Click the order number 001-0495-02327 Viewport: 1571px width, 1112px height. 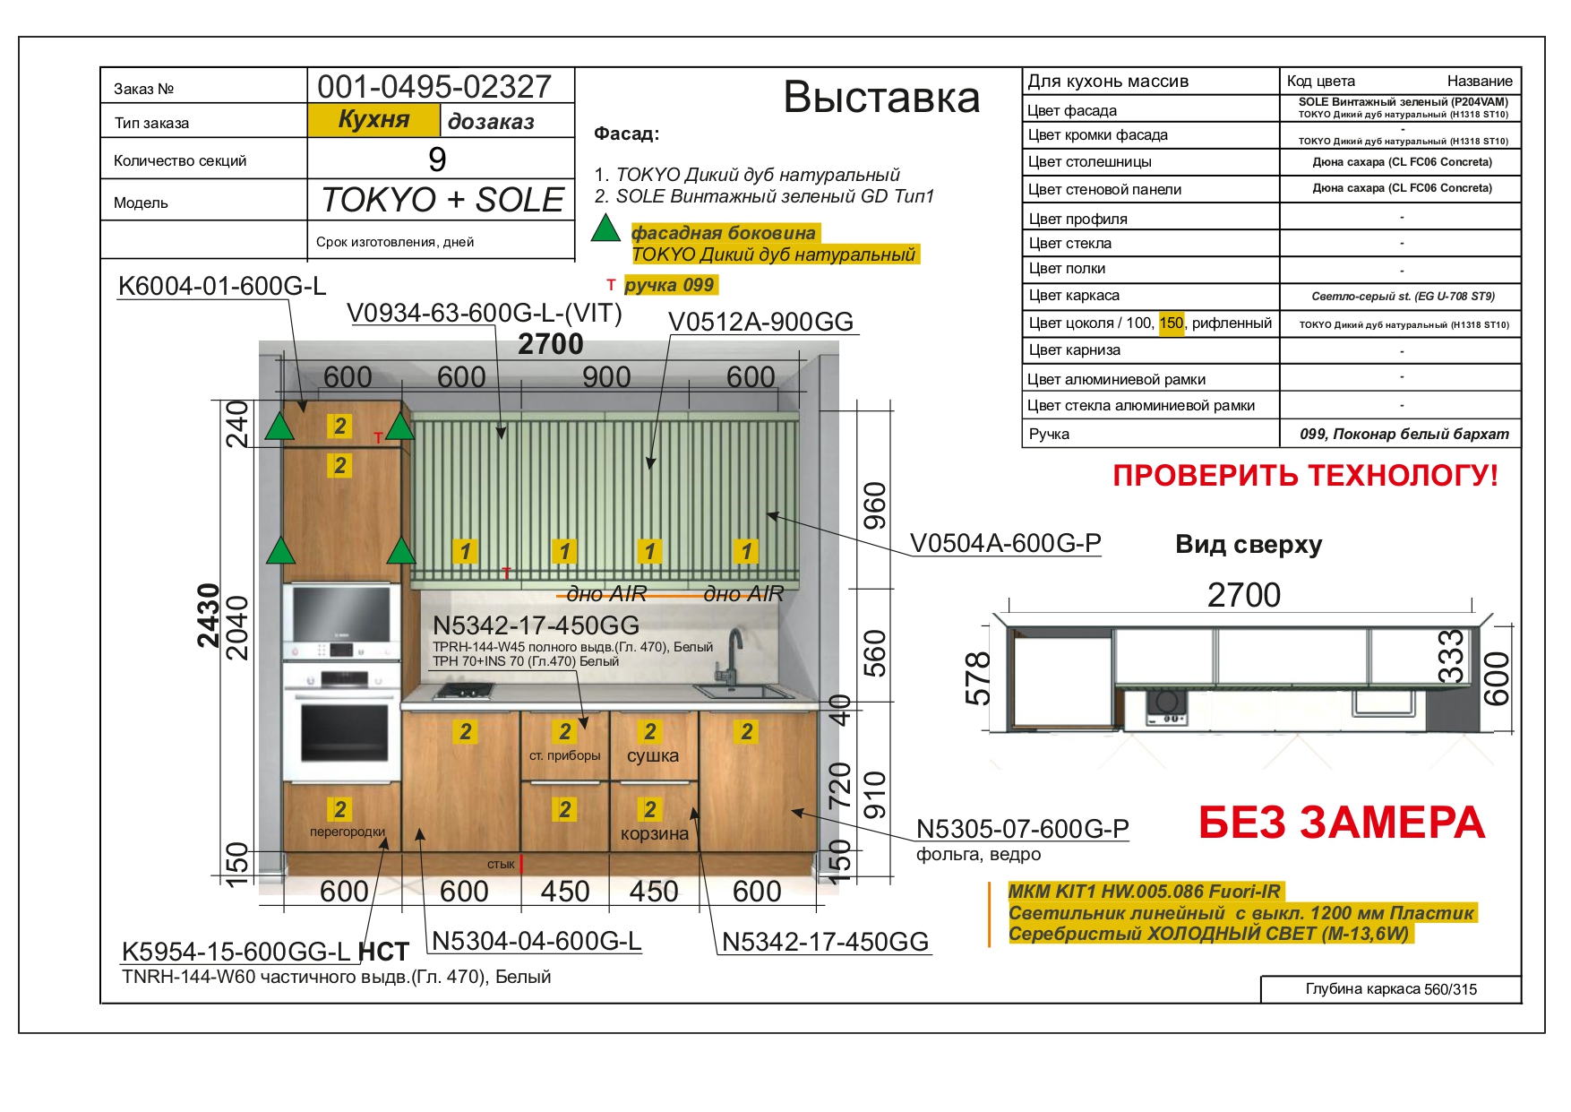pyautogui.click(x=434, y=86)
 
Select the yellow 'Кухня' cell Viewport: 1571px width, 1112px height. pyautogui.click(x=373, y=120)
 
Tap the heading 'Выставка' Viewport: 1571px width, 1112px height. pyautogui.click(x=881, y=97)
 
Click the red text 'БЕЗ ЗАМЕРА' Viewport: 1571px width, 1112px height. pyautogui.click(x=1341, y=823)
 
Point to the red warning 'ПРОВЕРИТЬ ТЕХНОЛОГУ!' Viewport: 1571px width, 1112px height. pyautogui.click(x=1305, y=475)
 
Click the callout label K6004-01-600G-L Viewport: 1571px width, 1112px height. pyautogui.click(x=222, y=286)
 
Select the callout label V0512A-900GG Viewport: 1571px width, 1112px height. pyautogui.click(x=760, y=322)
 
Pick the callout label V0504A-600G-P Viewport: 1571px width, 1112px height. pyautogui.click(x=1005, y=543)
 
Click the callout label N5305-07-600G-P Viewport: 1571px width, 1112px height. pyautogui.click(x=1022, y=829)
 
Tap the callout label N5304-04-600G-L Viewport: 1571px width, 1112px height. pyautogui.click(x=537, y=941)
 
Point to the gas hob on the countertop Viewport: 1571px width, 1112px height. pyautogui.click(x=464, y=691)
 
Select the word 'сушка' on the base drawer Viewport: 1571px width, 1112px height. pyautogui.click(x=653, y=755)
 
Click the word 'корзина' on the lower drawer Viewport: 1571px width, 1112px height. pyautogui.click(x=655, y=834)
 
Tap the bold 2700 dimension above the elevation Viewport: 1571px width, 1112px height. pyautogui.click(x=550, y=344)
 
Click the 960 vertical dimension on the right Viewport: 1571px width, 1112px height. pyautogui.click(x=874, y=506)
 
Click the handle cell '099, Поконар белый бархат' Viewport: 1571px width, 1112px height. pyautogui.click(x=1404, y=434)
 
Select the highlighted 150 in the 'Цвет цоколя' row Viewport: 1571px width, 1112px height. pyautogui.click(x=1172, y=323)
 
